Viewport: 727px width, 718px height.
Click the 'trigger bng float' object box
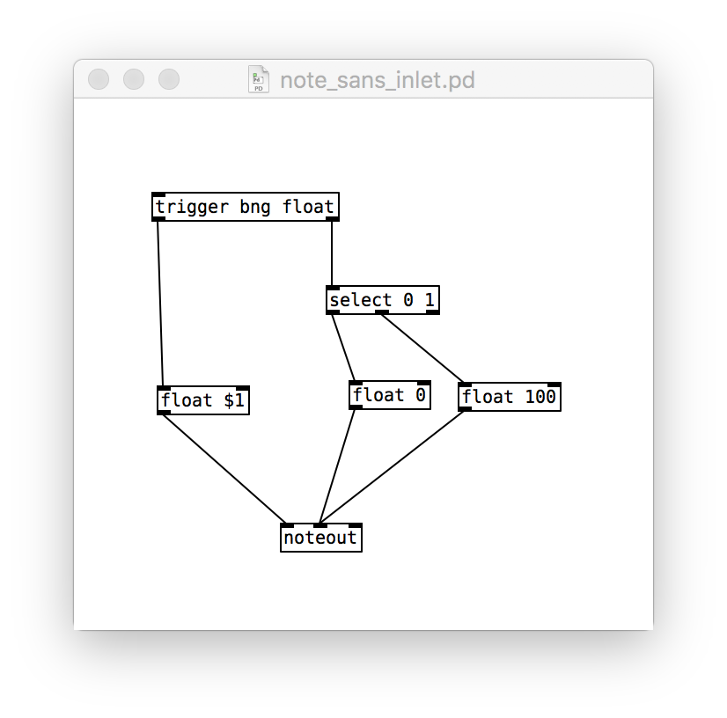pyautogui.click(x=246, y=207)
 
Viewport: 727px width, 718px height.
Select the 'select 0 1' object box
pyautogui.click(x=383, y=300)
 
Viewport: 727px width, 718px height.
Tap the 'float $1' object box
pyautogui.click(x=203, y=400)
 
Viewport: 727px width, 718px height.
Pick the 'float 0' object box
pyautogui.click(x=389, y=395)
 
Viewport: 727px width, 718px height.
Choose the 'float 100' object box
pyautogui.click(x=509, y=397)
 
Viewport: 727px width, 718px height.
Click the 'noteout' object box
pyautogui.click(x=321, y=538)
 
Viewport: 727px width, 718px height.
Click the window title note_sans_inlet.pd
pyautogui.click(x=378, y=80)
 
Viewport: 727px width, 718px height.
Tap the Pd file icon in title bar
pyautogui.click(x=259, y=79)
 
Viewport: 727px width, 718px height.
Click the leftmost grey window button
pyautogui.click(x=99, y=79)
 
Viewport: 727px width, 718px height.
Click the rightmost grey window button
pyautogui.click(x=169, y=79)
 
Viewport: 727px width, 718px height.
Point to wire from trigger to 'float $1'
pyautogui.click(x=160, y=304)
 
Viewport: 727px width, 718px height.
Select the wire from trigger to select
pyautogui.click(x=332, y=253)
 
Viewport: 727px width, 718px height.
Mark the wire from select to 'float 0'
pyautogui.click(x=343, y=348)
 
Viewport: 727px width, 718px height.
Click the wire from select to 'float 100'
pyautogui.click(x=422, y=348)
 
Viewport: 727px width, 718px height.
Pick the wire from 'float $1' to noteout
pyautogui.click(x=224, y=469)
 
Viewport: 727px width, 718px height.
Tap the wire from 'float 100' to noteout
pyautogui.click(x=392, y=467)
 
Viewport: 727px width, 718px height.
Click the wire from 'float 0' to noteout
pyautogui.click(x=337, y=466)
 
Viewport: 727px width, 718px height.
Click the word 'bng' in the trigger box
pyautogui.click(x=255, y=207)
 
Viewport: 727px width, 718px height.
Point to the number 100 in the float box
pyautogui.click(x=540, y=397)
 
